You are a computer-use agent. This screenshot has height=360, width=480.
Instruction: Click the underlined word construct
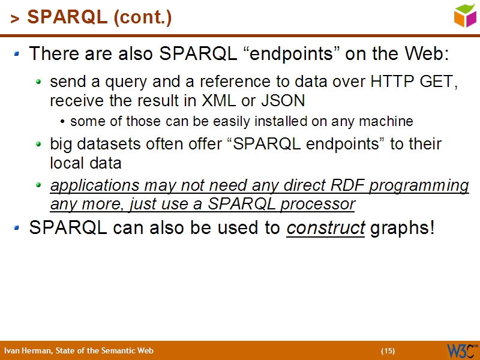(326, 228)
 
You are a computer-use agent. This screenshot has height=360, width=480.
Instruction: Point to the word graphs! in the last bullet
(401, 229)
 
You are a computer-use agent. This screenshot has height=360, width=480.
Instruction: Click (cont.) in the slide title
(142, 18)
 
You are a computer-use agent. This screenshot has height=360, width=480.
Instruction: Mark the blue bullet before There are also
(17, 54)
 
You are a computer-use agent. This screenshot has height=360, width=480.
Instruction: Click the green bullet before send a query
(39, 81)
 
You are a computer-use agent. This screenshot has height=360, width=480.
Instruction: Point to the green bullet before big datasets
(39, 145)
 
